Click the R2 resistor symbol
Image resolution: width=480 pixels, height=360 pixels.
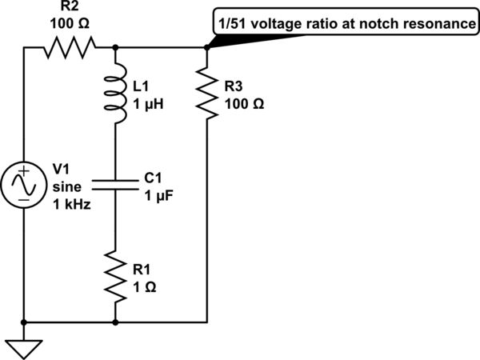[70, 48]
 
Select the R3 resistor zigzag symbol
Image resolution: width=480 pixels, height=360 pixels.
[207, 94]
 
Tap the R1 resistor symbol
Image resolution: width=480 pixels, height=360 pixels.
[117, 277]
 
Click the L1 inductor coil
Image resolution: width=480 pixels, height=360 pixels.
[117, 95]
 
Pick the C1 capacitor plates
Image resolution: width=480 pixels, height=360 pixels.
[117, 186]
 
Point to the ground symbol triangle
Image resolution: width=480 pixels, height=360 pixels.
[25, 347]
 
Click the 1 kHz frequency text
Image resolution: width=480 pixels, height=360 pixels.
[71, 204]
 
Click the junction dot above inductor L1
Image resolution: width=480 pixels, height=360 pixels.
[117, 48]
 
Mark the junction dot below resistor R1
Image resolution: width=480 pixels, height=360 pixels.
[117, 322]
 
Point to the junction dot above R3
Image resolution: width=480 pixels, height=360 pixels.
[207, 48]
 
